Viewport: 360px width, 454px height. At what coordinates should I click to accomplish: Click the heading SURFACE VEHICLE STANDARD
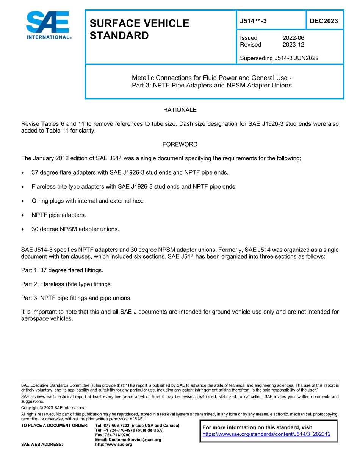click(x=139, y=30)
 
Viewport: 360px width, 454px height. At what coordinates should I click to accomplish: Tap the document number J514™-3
click(x=253, y=21)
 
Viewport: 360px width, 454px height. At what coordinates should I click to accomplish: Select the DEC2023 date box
click(x=324, y=21)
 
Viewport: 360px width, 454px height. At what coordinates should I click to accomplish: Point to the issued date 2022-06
click(x=293, y=38)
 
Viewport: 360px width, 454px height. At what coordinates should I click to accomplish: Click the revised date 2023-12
click(x=293, y=45)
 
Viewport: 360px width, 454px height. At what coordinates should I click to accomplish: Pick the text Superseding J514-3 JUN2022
click(x=279, y=58)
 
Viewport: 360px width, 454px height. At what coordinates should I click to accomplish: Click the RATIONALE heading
click(x=180, y=110)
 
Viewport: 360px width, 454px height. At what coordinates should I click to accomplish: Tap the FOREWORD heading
click(x=180, y=144)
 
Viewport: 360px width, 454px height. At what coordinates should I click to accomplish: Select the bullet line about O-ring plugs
click(x=88, y=201)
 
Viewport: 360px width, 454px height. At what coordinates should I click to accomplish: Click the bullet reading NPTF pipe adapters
click(x=59, y=215)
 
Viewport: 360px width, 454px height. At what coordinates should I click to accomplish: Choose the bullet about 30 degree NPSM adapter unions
click(x=75, y=229)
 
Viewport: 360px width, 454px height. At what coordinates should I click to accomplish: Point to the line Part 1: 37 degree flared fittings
click(x=62, y=270)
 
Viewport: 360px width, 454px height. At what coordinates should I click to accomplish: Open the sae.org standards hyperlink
click(x=266, y=434)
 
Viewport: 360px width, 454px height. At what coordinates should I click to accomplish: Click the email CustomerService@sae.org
click(x=128, y=440)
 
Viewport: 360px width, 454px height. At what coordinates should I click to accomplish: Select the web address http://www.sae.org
click(x=113, y=444)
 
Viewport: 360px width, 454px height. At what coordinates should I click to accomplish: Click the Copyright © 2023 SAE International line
click(x=54, y=408)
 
